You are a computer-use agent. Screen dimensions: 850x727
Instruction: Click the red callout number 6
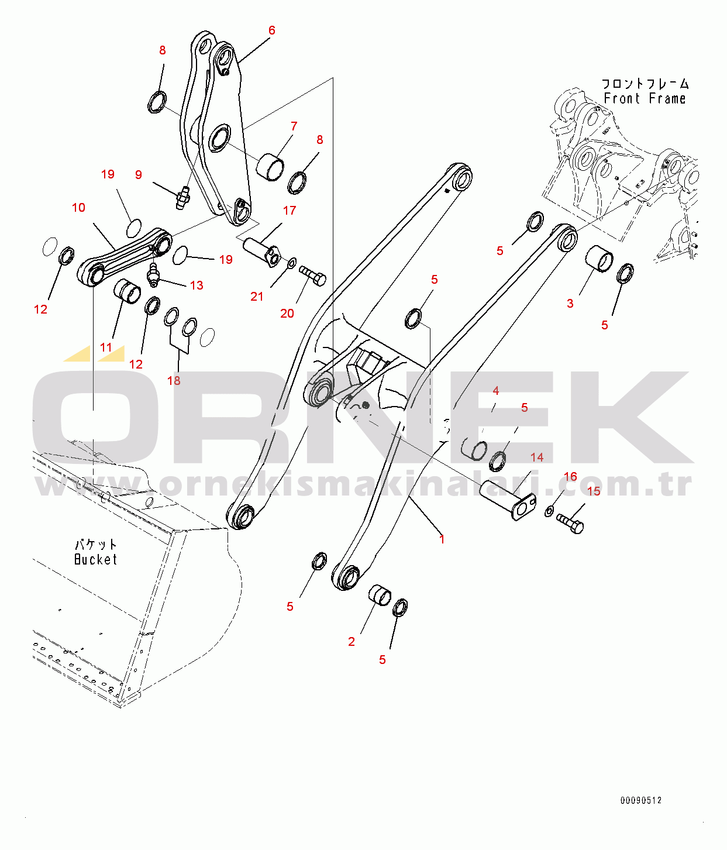point(271,30)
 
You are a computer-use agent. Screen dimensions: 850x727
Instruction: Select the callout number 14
point(537,457)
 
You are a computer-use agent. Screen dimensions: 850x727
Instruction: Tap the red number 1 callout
point(442,539)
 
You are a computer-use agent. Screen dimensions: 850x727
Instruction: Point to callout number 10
point(78,208)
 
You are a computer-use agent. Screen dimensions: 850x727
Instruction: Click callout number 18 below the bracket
point(174,381)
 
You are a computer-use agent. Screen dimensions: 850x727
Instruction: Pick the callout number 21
point(257,297)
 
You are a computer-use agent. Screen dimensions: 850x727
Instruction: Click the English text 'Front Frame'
point(645,99)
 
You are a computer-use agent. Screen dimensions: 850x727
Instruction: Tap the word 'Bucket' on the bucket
point(95,560)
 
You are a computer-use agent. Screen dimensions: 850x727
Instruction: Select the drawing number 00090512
point(641,800)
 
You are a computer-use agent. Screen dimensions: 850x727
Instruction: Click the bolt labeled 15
point(570,522)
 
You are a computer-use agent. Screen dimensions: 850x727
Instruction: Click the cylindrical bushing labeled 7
point(271,166)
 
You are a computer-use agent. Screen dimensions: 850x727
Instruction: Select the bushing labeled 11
point(127,291)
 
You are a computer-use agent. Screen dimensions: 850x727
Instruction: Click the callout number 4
point(495,391)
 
